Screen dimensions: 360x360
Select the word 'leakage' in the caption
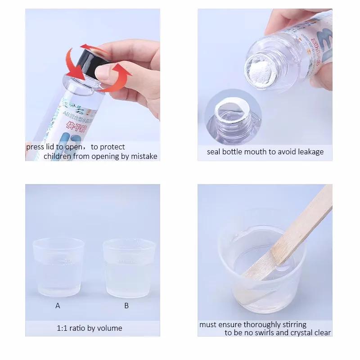click(310, 152)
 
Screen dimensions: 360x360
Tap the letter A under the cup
click(58, 306)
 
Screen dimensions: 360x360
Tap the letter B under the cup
click(126, 306)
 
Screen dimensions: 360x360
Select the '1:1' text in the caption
click(63, 328)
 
